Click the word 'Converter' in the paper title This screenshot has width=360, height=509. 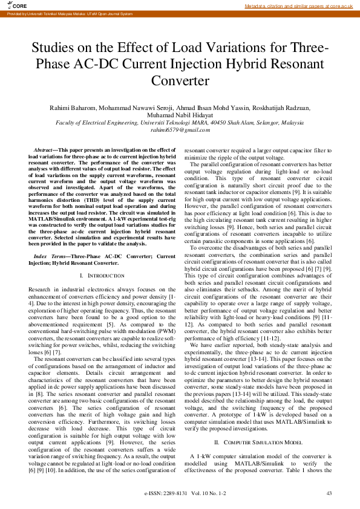click(x=180, y=80)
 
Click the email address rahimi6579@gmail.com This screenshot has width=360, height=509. click(x=180, y=129)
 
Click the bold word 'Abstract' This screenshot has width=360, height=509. click(x=42, y=149)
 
